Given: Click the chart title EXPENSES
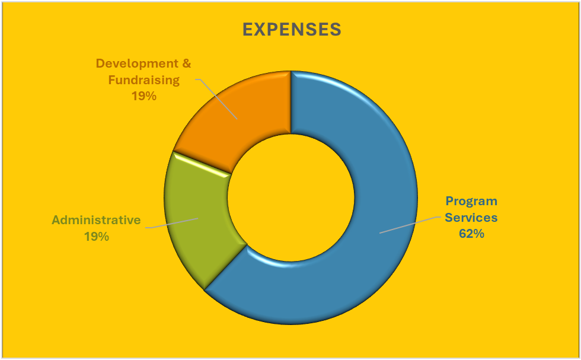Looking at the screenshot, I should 292,30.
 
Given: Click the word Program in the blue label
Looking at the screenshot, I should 471,201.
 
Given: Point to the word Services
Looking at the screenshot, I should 471,217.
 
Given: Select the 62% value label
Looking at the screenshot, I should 471,234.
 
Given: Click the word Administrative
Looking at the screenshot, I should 97,220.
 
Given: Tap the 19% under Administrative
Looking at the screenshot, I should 97,236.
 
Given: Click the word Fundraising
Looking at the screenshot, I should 144,79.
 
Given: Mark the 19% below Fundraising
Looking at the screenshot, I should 144,95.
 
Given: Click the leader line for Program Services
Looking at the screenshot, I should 409,225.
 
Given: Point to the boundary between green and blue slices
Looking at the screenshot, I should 225,267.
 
